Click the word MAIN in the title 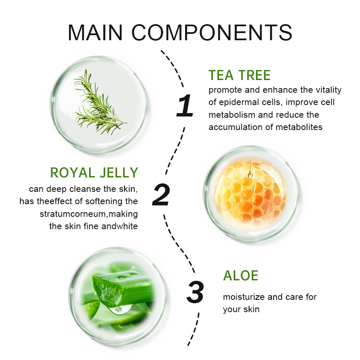point(95,33)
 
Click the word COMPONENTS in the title point(212,33)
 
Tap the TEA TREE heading point(239,75)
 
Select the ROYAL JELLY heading point(94,172)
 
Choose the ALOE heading point(241,275)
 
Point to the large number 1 point(185,105)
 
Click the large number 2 point(161,194)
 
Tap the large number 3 point(195,292)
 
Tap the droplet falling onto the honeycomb point(250,174)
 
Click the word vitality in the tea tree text point(329,90)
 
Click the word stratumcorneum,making point(89,214)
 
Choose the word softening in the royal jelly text point(104,201)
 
